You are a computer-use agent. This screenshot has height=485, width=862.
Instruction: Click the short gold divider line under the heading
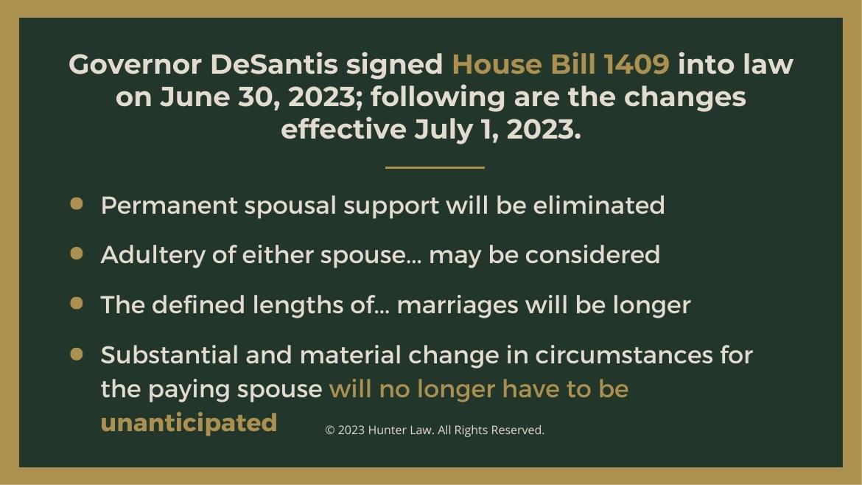[435, 167]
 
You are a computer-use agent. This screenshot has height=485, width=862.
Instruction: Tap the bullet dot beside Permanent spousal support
[77, 204]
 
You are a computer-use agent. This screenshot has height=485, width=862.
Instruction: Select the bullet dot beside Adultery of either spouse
[77, 254]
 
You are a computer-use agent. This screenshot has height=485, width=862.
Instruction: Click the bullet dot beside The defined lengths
[77, 303]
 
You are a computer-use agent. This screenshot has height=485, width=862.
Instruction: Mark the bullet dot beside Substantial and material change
[77, 354]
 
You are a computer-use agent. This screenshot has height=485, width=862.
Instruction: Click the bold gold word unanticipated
[189, 423]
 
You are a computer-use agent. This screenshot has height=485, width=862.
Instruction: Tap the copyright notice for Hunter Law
[435, 430]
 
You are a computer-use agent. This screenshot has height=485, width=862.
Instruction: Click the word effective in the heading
[343, 130]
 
